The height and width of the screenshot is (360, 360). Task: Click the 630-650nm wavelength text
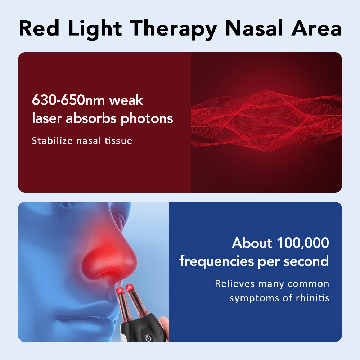pos(68,100)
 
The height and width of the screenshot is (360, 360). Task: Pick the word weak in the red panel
pos(126,100)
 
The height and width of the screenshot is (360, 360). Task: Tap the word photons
pos(147,118)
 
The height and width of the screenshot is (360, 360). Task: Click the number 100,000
pos(303,243)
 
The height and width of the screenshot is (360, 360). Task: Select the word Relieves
pos(234,284)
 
